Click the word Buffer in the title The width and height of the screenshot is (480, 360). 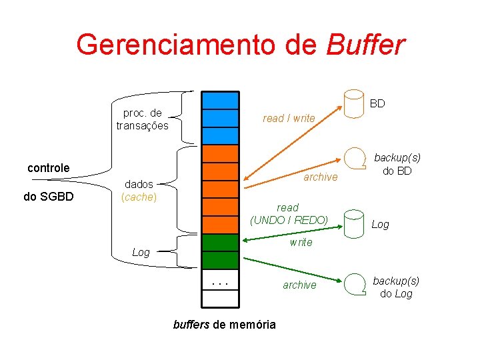tap(365, 45)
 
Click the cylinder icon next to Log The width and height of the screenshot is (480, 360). tap(353, 225)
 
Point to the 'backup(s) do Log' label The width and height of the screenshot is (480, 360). tap(396, 287)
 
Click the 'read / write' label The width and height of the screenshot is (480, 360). tap(289, 118)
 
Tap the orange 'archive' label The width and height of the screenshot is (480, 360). tap(320, 177)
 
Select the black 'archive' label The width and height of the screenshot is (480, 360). tap(299, 285)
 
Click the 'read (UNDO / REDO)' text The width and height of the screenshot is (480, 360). tap(289, 213)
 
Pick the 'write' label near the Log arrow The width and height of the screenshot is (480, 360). tap(301, 242)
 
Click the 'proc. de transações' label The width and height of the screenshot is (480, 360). tap(142, 119)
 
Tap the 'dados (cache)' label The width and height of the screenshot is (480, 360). tap(139, 190)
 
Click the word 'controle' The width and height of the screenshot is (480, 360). tap(48, 168)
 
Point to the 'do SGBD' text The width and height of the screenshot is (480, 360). tap(48, 197)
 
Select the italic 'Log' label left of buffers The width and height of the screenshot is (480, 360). tap(141, 252)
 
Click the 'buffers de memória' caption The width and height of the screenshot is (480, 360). tap(224, 325)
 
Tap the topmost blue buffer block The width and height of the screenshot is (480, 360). tap(220, 100)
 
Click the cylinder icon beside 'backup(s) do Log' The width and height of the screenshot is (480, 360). tap(354, 286)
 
